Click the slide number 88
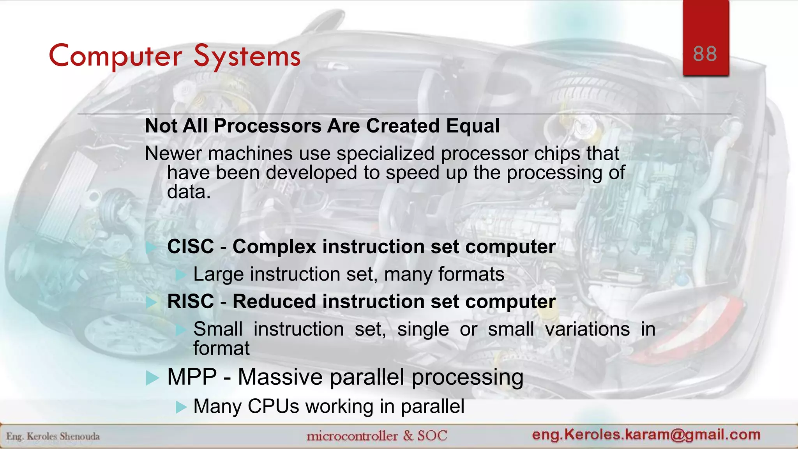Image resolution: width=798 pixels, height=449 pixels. [705, 54]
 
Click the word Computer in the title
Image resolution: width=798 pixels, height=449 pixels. [115, 56]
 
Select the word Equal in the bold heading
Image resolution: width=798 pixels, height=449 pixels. [473, 126]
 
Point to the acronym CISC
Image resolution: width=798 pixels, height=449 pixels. [191, 247]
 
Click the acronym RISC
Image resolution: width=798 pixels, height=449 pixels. [191, 302]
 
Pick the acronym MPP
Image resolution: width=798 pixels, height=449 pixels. [192, 377]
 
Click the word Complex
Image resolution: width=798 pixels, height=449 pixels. [274, 247]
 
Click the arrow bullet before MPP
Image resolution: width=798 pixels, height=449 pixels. [152, 378]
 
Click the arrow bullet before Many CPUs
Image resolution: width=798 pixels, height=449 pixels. [181, 407]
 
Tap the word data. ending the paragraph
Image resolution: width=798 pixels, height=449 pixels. [189, 192]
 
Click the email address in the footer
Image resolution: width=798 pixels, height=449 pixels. [646, 434]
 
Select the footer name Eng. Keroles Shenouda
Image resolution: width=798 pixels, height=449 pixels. [53, 436]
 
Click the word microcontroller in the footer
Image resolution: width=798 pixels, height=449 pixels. [352, 436]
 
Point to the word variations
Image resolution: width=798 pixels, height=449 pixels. [587, 329]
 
